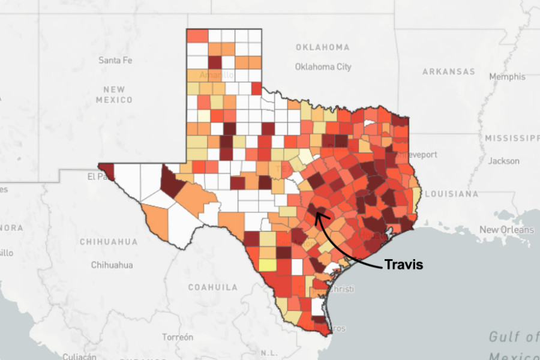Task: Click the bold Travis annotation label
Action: pyautogui.click(x=403, y=265)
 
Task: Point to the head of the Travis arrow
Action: pyautogui.click(x=317, y=215)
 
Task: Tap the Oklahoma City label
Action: pyautogui.click(x=323, y=67)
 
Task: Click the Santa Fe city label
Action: pyautogui.click(x=115, y=60)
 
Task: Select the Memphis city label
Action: pyautogui.click(x=506, y=77)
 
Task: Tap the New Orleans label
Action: pyautogui.click(x=506, y=230)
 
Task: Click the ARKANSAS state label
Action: pyautogui.click(x=448, y=71)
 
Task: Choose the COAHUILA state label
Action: pyautogui.click(x=212, y=287)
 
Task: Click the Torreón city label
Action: pyautogui.click(x=177, y=337)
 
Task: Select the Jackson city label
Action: pyautogui.click(x=503, y=161)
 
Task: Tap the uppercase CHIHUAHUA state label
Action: pyautogui.click(x=108, y=242)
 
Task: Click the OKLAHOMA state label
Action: pyautogui.click(x=322, y=47)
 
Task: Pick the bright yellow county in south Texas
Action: pyautogui.click(x=268, y=265)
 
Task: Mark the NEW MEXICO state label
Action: pyautogui.click(x=114, y=94)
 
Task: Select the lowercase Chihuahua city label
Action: pyautogui.click(x=112, y=265)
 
